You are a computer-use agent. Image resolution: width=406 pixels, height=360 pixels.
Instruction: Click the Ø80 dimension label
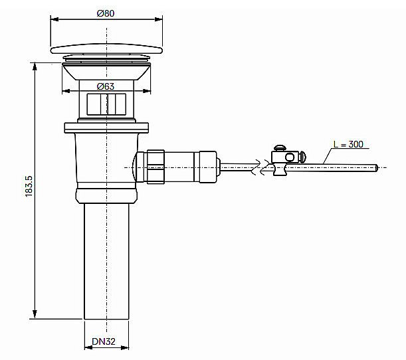click(105, 13)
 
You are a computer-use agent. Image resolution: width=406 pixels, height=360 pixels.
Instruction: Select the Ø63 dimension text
click(105, 86)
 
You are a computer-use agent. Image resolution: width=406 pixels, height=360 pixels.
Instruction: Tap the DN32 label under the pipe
click(104, 343)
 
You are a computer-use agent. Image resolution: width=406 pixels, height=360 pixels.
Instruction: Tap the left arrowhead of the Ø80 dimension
click(54, 19)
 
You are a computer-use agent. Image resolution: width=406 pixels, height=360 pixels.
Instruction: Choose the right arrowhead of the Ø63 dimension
click(145, 92)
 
